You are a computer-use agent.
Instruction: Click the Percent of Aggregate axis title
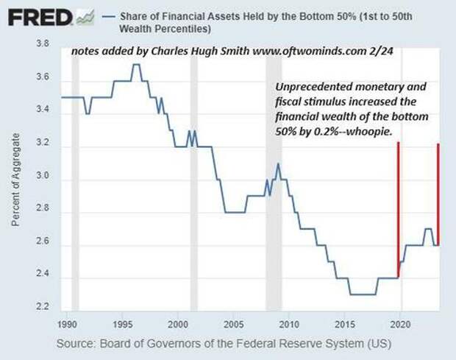[15, 177]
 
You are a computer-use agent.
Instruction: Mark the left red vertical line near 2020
[398, 210]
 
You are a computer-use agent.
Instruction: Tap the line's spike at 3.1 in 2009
[278, 163]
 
